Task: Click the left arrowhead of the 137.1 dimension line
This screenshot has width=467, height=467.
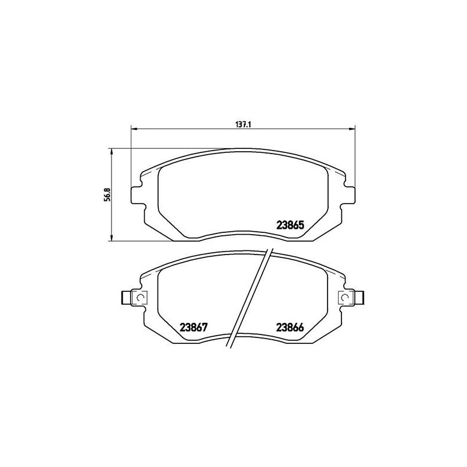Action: coord(133,128)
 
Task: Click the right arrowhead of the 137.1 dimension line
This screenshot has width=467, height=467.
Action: coord(352,128)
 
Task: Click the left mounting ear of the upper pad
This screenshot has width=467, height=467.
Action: coord(137,194)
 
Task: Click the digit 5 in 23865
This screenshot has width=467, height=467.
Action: coord(303,224)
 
